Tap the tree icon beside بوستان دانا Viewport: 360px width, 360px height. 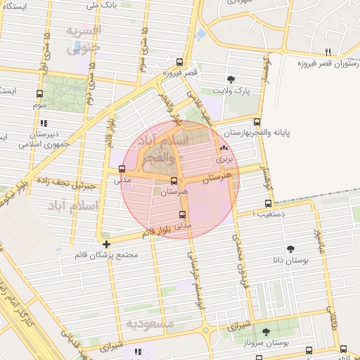(x=290, y=248)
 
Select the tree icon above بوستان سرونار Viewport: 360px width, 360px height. (x=266, y=332)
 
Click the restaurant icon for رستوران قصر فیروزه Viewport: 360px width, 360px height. (x=328, y=52)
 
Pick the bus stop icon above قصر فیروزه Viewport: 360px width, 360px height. (x=180, y=61)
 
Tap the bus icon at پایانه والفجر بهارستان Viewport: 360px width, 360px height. (x=257, y=121)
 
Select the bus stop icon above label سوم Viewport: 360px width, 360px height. (x=39, y=94)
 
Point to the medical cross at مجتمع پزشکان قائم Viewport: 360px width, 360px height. (x=106, y=243)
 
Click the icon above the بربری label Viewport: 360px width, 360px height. (x=224, y=148)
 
